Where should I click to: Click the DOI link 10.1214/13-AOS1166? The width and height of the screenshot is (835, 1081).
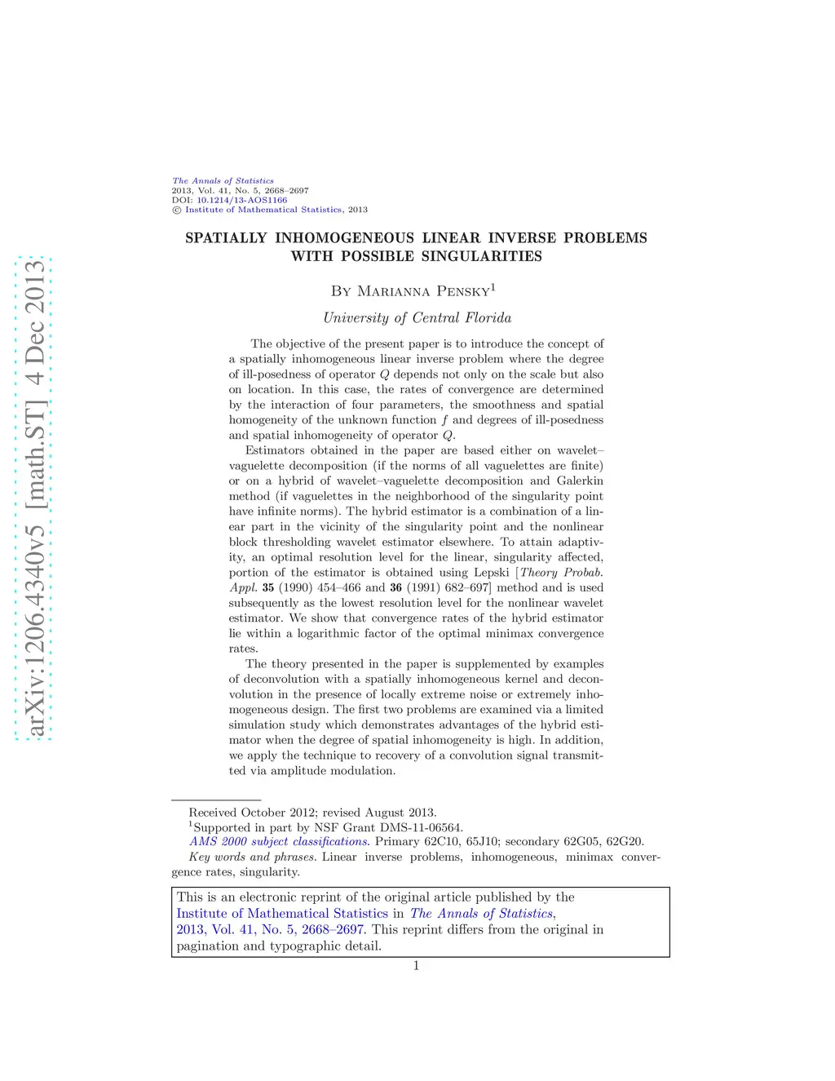(241, 200)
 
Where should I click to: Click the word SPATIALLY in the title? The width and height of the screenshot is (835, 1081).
(226, 238)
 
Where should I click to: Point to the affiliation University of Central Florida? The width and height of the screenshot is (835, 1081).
(417, 318)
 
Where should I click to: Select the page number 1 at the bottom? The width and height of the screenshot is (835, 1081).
(416, 966)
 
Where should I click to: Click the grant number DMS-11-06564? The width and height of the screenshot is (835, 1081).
(421, 827)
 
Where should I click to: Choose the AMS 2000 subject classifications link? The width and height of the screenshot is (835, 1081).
(279, 842)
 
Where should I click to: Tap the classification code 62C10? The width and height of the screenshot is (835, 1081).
(442, 842)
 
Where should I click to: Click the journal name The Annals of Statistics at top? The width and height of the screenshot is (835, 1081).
(223, 181)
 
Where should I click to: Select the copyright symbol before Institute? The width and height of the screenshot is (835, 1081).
(176, 210)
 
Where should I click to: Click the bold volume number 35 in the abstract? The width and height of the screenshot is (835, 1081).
(268, 588)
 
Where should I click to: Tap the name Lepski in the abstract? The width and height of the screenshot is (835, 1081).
(491, 573)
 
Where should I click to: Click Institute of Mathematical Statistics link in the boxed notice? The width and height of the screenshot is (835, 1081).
(282, 914)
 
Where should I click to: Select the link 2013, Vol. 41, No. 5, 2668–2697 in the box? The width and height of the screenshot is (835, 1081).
(270, 930)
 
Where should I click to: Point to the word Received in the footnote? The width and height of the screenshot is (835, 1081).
(213, 813)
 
